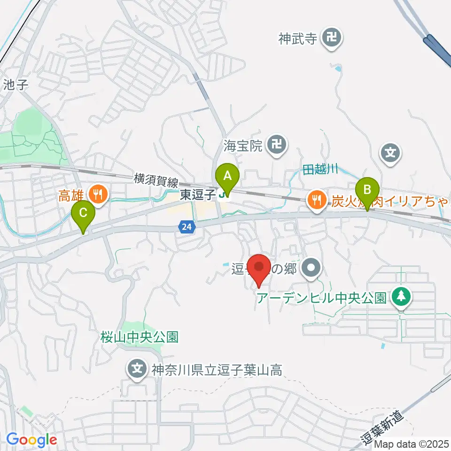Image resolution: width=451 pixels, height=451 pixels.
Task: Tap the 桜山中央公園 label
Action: click(139, 337)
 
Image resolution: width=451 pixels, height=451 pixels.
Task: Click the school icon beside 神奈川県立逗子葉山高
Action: click(137, 370)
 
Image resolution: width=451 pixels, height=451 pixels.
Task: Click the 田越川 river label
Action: click(320, 170)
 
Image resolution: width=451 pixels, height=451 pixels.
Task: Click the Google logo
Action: click(31, 440)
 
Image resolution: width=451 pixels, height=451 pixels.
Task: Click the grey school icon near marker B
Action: click(391, 153)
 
